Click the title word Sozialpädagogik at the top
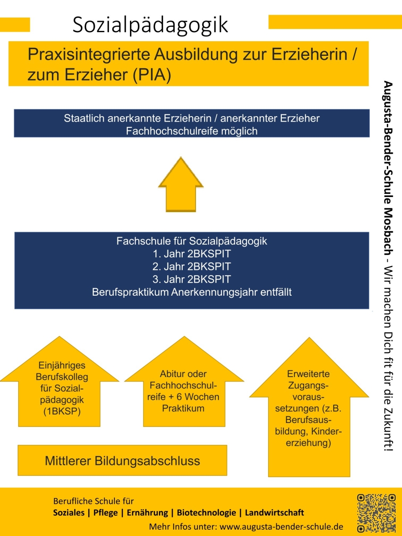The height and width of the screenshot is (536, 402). pyautogui.click(x=150, y=25)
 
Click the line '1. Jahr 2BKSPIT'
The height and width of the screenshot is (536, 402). pyautogui.click(x=192, y=254)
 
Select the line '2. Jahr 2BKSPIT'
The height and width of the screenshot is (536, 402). pyautogui.click(x=192, y=267)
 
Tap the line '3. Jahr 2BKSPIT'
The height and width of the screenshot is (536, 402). pyautogui.click(x=192, y=280)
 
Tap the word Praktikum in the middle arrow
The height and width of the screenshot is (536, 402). pyautogui.click(x=183, y=408)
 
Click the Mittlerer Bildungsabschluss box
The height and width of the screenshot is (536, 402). pyautogui.click(x=122, y=461)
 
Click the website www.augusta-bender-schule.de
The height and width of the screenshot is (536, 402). pyautogui.click(x=281, y=526)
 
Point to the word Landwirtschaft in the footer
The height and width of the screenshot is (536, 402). pyautogui.click(x=274, y=512)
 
